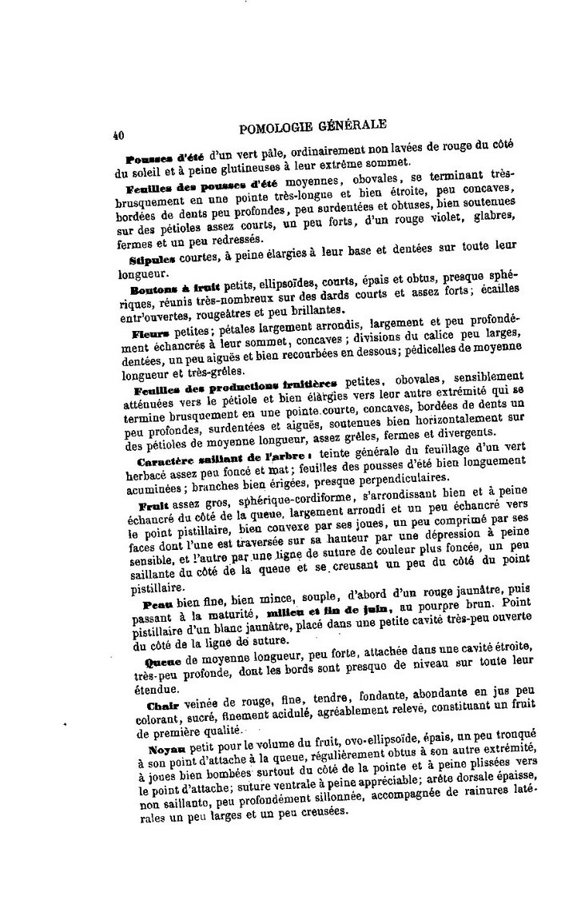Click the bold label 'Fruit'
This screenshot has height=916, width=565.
coord(152,506)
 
